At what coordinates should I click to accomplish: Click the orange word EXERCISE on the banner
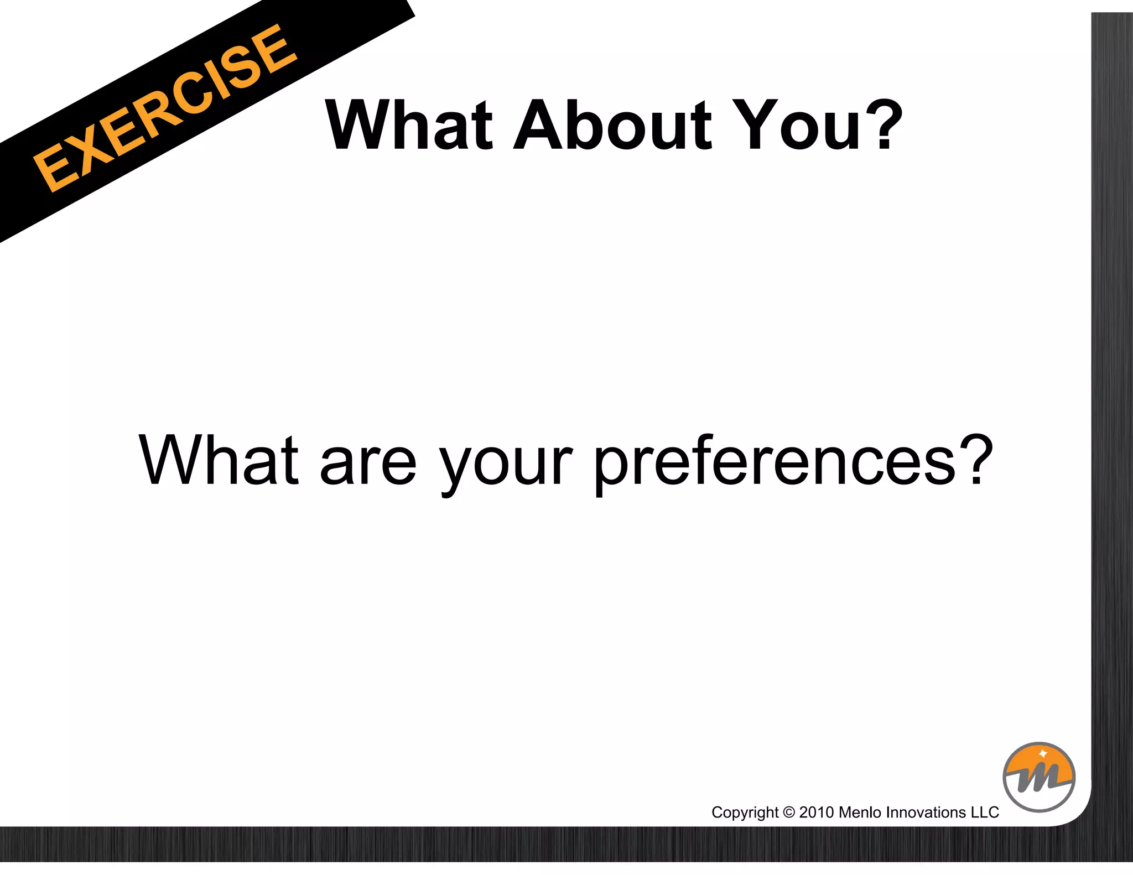(164, 108)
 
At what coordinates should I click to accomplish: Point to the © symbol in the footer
(789, 812)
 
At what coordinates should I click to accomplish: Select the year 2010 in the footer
(817, 812)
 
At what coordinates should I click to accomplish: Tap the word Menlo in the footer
(860, 812)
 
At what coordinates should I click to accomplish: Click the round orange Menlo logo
(1038, 777)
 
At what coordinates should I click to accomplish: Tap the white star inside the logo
(1042, 754)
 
